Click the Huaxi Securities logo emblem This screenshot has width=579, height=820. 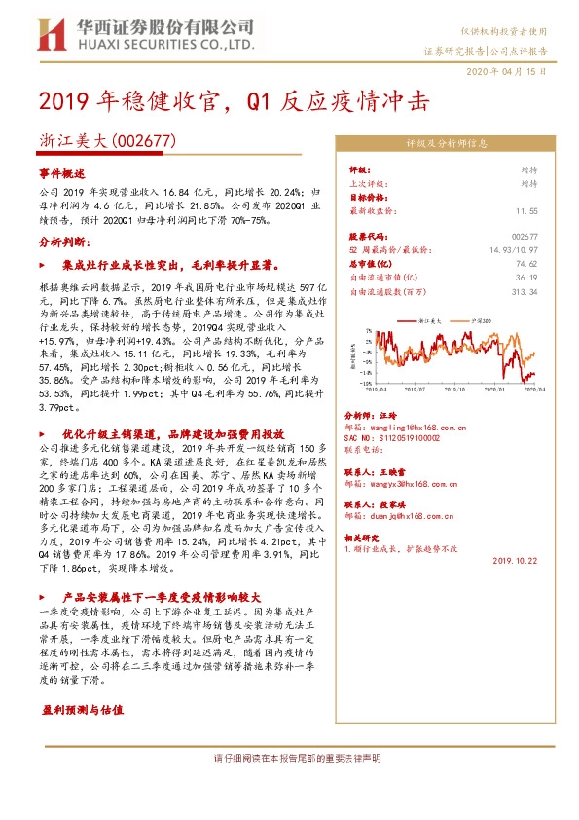click(x=49, y=35)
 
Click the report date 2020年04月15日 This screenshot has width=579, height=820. click(x=512, y=72)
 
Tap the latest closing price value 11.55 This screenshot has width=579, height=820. click(x=526, y=209)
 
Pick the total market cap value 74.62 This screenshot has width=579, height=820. click(x=526, y=263)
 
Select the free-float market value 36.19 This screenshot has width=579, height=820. click(x=526, y=277)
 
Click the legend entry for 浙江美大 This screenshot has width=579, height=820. click(x=430, y=319)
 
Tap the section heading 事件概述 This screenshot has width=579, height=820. click(x=62, y=171)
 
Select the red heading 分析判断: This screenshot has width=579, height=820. click(x=62, y=240)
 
